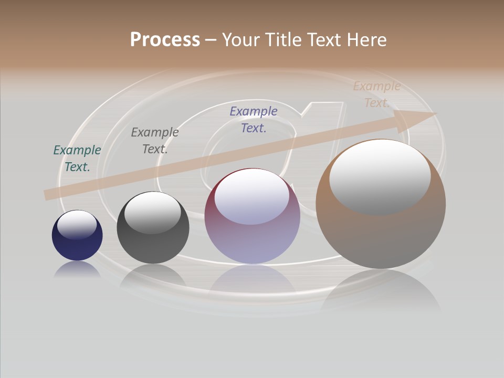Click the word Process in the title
tap(165, 40)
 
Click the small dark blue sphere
tap(77, 245)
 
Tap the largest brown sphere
tap(381, 236)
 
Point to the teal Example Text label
tap(77, 158)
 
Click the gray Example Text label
tap(155, 140)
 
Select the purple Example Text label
tap(254, 119)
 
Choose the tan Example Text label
tap(377, 94)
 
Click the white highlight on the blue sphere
tap(77, 225)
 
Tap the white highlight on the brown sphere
tap(380, 176)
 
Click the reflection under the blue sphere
tap(77, 269)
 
